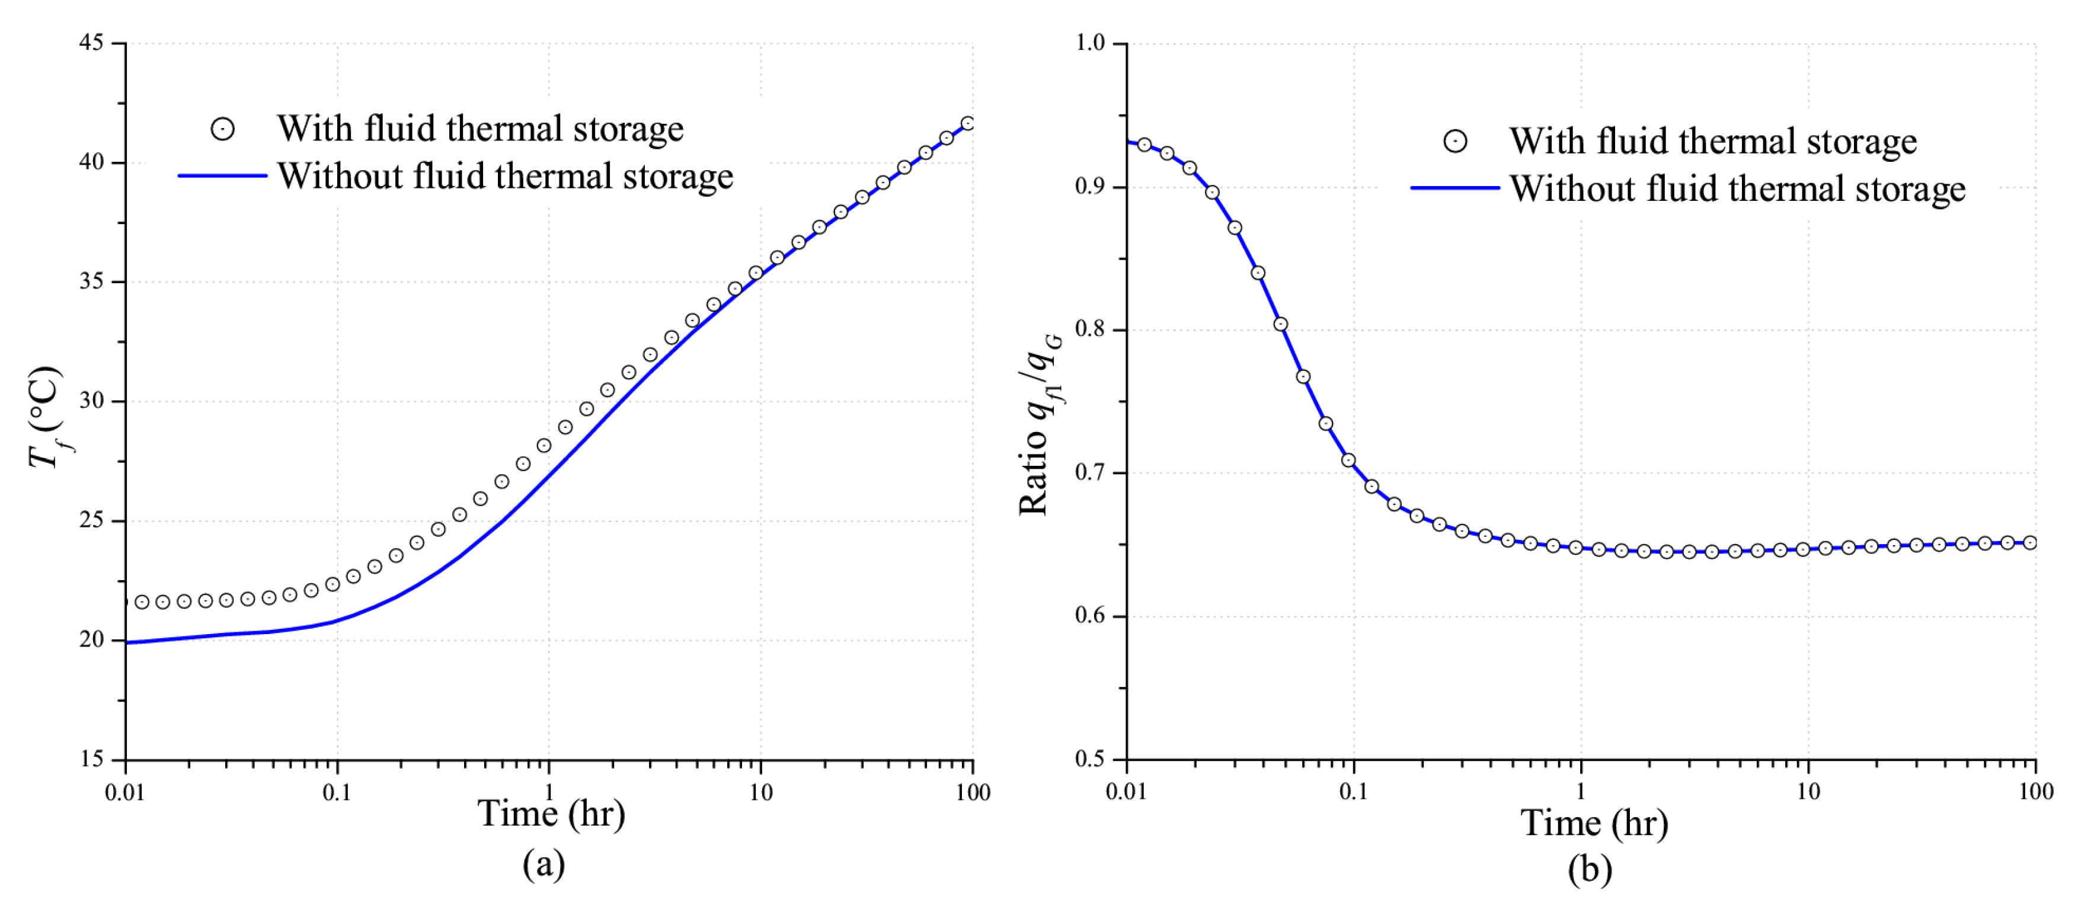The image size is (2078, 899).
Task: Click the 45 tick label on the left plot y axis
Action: (92, 42)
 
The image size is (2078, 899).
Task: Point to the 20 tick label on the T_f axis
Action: (92, 640)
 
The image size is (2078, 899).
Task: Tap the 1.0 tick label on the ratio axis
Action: (1090, 42)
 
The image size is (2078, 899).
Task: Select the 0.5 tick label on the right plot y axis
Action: (1090, 759)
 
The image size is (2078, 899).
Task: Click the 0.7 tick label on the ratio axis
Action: (1090, 472)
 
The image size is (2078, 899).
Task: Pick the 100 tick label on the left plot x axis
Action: (973, 792)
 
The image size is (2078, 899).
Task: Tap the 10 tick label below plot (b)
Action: (1808, 791)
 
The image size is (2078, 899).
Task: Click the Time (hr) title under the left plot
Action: (551, 814)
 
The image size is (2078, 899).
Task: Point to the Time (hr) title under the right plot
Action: (1594, 823)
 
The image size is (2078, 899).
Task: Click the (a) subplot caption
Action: (544, 865)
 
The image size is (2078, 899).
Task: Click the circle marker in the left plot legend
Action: (223, 129)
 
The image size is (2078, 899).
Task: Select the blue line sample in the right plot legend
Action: (1454, 188)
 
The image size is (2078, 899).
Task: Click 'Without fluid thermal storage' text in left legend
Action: (505, 177)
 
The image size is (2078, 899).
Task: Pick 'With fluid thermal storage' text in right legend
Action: (1712, 141)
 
